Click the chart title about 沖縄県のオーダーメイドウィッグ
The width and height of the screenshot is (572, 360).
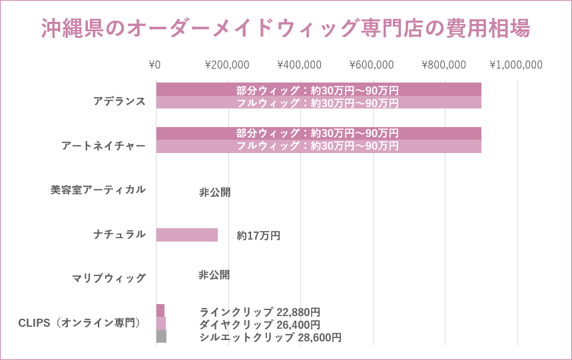(286, 29)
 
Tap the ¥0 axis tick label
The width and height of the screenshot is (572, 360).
(154, 65)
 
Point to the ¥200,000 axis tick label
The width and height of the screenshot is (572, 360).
(227, 65)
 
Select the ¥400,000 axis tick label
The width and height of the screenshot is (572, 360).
(299, 65)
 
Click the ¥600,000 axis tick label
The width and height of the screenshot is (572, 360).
(372, 65)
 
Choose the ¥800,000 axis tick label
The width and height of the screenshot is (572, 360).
(443, 65)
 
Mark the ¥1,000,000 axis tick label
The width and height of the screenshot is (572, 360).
(516, 65)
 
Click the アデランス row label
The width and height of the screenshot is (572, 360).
(119, 101)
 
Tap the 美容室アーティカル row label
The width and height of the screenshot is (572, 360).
(98, 190)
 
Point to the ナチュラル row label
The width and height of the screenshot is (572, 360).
(119, 234)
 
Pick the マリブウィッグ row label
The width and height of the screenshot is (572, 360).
(109, 278)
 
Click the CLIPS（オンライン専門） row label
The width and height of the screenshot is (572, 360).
(80, 323)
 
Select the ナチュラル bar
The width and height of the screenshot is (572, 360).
(187, 235)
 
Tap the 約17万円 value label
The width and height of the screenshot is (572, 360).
(258, 236)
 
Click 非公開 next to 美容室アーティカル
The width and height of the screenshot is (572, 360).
(214, 192)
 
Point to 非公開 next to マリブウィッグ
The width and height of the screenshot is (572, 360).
(214, 275)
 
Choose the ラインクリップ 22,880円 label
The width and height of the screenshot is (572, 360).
(260, 312)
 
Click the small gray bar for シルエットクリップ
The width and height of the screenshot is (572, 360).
(161, 337)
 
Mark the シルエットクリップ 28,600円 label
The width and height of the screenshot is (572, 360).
(270, 337)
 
